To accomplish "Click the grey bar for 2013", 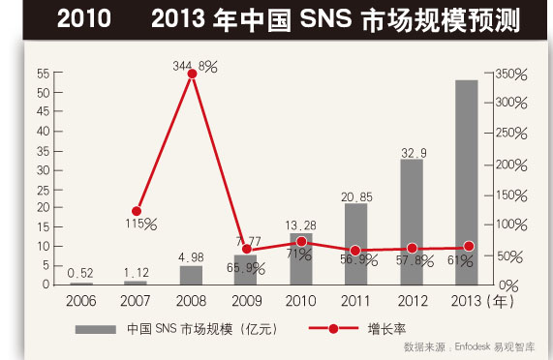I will tap(467, 183).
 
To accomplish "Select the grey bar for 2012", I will tap(412, 223).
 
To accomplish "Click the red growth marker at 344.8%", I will tap(192, 74).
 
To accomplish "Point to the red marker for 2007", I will tap(137, 211).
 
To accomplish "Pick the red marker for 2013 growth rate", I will tap(469, 247).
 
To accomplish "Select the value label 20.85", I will tap(356, 196).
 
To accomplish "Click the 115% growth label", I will tap(138, 224).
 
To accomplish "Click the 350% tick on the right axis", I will tap(512, 74).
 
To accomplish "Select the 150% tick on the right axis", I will tap(512, 195).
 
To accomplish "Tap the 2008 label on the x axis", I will tap(192, 301).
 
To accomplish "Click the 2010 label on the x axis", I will tap(301, 301).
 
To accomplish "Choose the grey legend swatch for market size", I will tap(96, 329).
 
